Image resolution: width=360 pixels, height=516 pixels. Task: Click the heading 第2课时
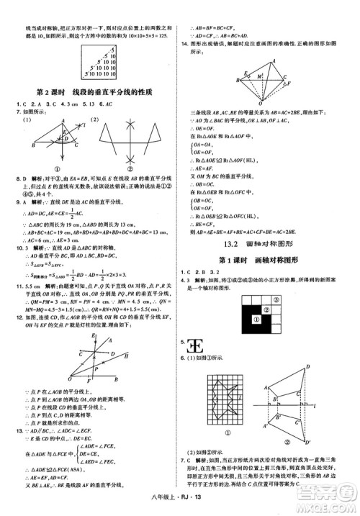coord(50,94)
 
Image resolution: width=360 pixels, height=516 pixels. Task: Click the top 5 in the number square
coord(108,45)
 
